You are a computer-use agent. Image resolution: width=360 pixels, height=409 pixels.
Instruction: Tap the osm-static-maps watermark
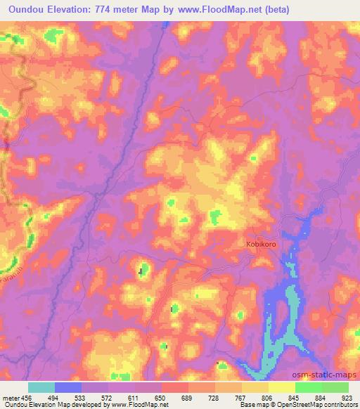coord(331,375)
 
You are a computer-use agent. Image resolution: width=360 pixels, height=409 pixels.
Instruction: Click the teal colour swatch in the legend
coord(41,387)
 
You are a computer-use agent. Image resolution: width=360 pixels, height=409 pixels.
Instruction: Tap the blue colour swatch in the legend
coord(68,387)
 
